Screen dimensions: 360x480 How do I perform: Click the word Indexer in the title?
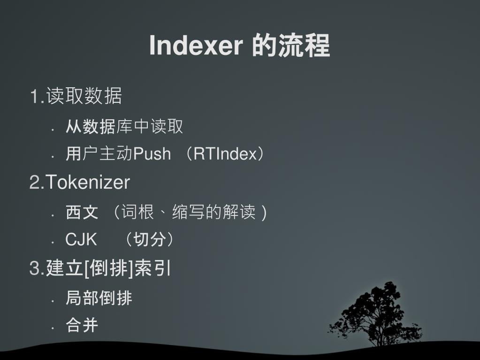(x=196, y=46)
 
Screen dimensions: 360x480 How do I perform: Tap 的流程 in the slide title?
(x=291, y=46)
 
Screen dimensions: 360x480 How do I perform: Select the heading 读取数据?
(x=84, y=96)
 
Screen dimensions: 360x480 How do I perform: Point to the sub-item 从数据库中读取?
(x=124, y=126)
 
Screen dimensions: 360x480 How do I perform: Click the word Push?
(x=152, y=154)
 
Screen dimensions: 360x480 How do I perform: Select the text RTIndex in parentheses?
(x=225, y=154)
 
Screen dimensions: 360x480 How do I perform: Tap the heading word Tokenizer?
(x=87, y=182)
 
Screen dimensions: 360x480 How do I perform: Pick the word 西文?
(x=82, y=213)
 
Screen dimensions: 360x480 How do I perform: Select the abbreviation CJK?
(x=81, y=240)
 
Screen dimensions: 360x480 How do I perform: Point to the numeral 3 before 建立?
(x=34, y=269)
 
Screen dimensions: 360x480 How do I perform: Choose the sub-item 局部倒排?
(x=99, y=298)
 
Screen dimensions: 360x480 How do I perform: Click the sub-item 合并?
(x=82, y=325)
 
